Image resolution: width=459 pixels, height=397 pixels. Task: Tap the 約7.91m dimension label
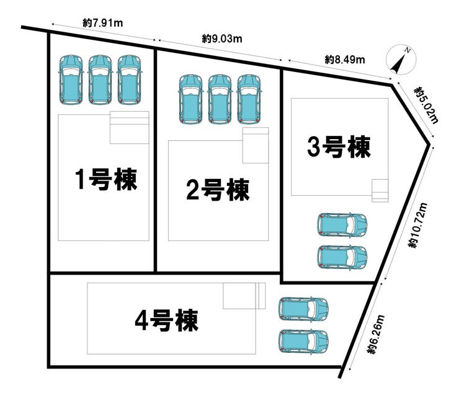[102, 23]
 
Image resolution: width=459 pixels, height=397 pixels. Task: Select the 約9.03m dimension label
[221, 39]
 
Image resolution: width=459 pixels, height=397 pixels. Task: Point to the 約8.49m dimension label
[344, 60]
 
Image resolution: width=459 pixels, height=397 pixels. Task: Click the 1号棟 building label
[105, 180]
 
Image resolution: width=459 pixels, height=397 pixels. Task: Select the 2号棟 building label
[218, 189]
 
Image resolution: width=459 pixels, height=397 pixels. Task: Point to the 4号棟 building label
[166, 321]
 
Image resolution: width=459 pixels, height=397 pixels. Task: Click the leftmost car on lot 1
[71, 80]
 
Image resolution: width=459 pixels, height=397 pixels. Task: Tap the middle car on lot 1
[100, 80]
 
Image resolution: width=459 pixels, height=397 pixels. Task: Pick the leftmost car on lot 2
[190, 98]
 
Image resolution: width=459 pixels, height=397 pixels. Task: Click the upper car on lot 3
[341, 224]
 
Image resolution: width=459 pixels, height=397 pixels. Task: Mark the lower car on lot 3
[341, 257]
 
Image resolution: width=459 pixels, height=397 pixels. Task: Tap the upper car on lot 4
[303, 309]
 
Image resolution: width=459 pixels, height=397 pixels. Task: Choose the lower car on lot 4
[303, 340]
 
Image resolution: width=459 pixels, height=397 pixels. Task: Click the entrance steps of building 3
[380, 189]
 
